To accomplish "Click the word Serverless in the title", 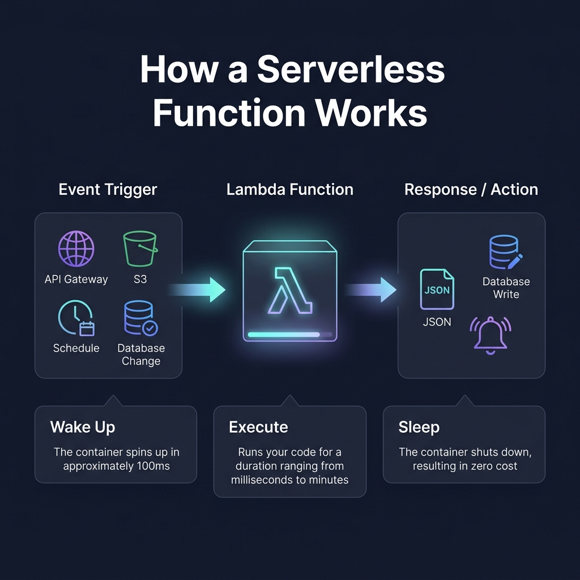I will pyautogui.click(x=351, y=70).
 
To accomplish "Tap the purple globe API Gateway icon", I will pyautogui.click(x=76, y=249).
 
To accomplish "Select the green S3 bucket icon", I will pyautogui.click(x=140, y=249).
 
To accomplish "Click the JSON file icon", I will pyautogui.click(x=437, y=289).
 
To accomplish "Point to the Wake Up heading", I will pyautogui.click(x=83, y=427).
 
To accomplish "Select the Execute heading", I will pyautogui.click(x=258, y=427).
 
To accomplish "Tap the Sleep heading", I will pyautogui.click(x=419, y=427).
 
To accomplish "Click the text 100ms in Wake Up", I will pyautogui.click(x=155, y=467).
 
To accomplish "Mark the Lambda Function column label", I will pyautogui.click(x=289, y=189).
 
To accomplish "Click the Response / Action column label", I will pyautogui.click(x=471, y=189).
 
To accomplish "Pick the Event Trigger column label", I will pyautogui.click(x=108, y=189).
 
